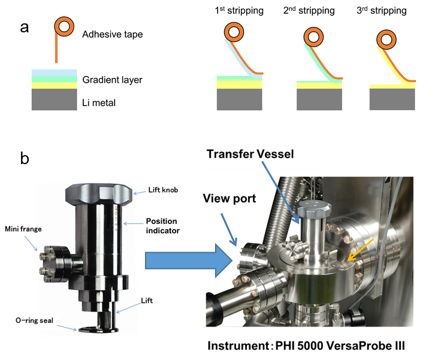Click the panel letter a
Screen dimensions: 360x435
[x=25, y=28]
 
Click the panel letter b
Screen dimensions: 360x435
[x=25, y=159]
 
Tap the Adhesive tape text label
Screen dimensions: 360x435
[x=113, y=35]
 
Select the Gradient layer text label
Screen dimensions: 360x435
[x=113, y=80]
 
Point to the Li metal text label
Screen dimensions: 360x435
[x=99, y=103]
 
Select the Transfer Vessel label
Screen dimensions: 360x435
[x=250, y=155]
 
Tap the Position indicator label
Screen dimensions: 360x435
[x=161, y=226]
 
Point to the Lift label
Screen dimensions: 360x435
[x=148, y=300]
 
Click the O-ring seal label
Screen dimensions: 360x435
[x=34, y=320]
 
